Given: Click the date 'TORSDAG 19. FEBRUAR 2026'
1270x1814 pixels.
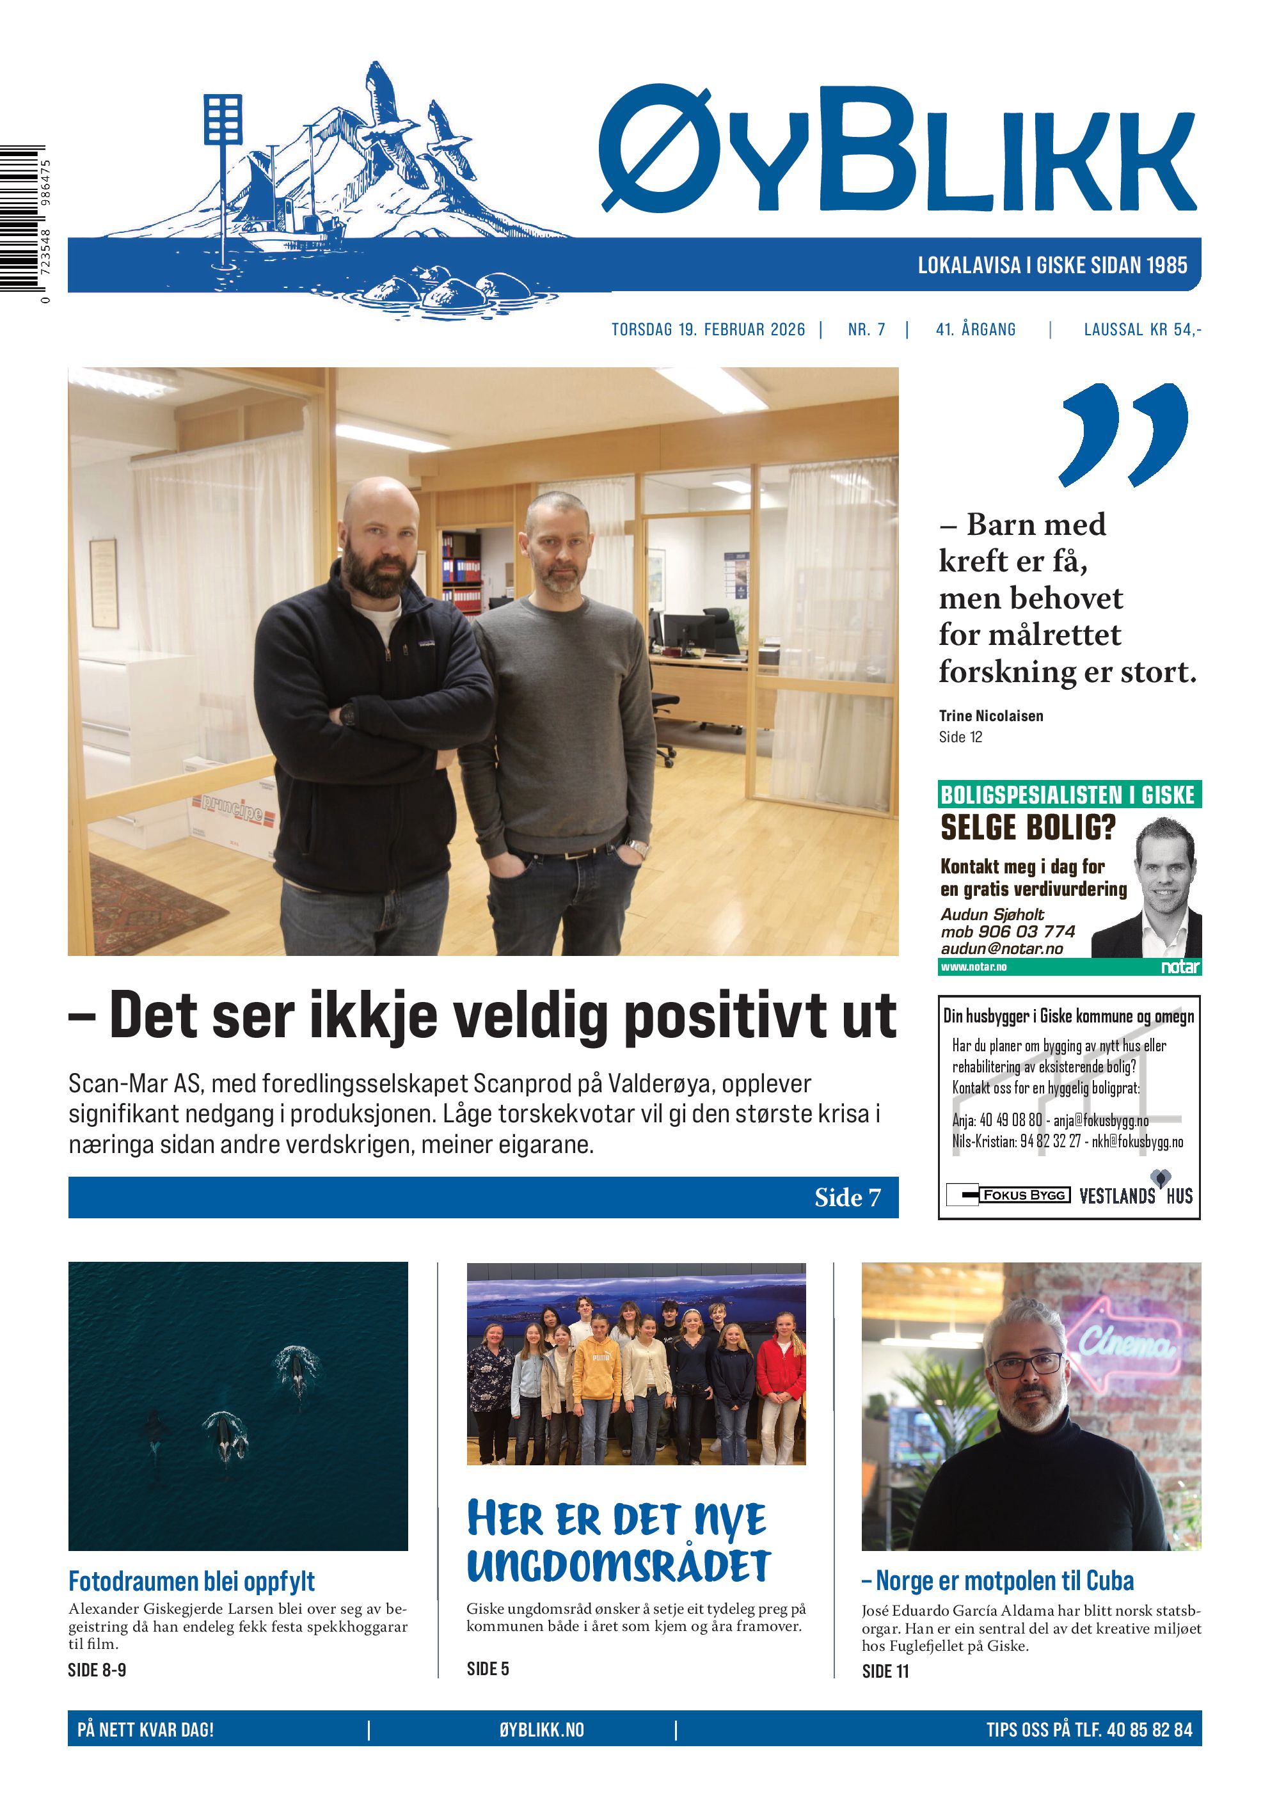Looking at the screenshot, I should point(708,330).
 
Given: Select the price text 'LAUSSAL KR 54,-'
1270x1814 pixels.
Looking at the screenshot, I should point(1141,330).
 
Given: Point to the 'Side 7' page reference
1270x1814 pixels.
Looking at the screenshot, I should point(846,1197).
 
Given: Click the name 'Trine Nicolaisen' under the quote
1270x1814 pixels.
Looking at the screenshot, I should point(990,716).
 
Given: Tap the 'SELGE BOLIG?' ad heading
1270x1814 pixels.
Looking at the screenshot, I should point(1028,827).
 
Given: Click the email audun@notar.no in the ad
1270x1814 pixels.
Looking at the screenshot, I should point(1001,948).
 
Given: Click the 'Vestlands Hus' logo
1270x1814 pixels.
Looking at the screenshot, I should point(1136,1195).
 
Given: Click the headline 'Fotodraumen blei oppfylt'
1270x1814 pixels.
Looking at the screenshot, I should point(191,1581).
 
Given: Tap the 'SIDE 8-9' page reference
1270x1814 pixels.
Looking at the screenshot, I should point(97,1669).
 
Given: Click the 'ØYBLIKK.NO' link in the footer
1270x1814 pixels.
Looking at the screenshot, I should point(541,1730).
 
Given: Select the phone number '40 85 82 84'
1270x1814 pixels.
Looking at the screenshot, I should point(1149,1730).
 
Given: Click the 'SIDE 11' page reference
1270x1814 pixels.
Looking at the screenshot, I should point(885,1671).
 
